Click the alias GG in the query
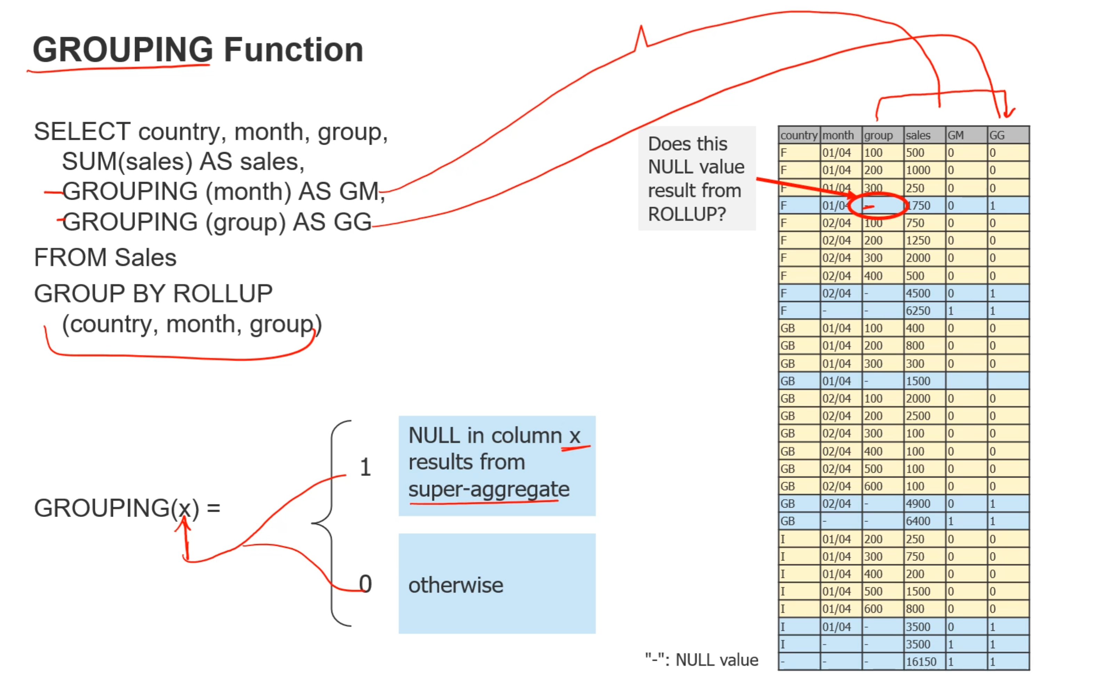pyautogui.click(x=352, y=222)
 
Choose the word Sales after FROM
pyautogui.click(x=145, y=258)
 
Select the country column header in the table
pyautogui.click(x=799, y=135)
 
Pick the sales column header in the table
pyautogui.click(x=918, y=135)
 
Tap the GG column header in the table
pyautogui.click(x=997, y=135)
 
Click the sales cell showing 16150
pyautogui.click(x=921, y=662)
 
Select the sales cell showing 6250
pyautogui.click(x=918, y=311)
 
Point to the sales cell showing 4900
pyautogui.click(x=918, y=504)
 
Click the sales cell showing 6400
pyautogui.click(x=918, y=521)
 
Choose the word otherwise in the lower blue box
pyautogui.click(x=456, y=586)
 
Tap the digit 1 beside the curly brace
pyautogui.click(x=365, y=468)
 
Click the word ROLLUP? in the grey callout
pyautogui.click(x=687, y=214)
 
